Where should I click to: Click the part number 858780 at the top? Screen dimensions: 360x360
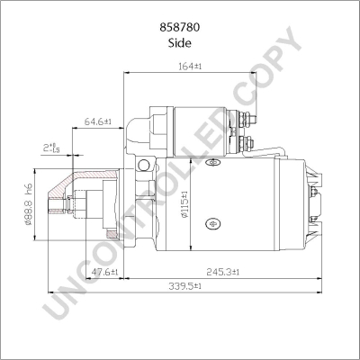click(x=180, y=28)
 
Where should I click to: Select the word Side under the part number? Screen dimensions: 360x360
click(x=180, y=43)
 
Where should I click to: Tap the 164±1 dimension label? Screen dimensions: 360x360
click(x=190, y=67)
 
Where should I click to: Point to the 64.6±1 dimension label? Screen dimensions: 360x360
click(x=98, y=121)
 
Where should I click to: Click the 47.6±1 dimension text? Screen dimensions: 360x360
click(x=104, y=272)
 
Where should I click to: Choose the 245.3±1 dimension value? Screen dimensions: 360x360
click(x=222, y=272)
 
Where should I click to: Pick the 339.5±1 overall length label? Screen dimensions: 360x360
click(x=184, y=286)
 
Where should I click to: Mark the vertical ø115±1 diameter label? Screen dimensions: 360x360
click(x=184, y=204)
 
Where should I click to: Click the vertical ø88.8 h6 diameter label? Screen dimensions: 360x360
click(x=28, y=204)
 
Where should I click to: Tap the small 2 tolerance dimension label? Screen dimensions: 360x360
click(x=51, y=148)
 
